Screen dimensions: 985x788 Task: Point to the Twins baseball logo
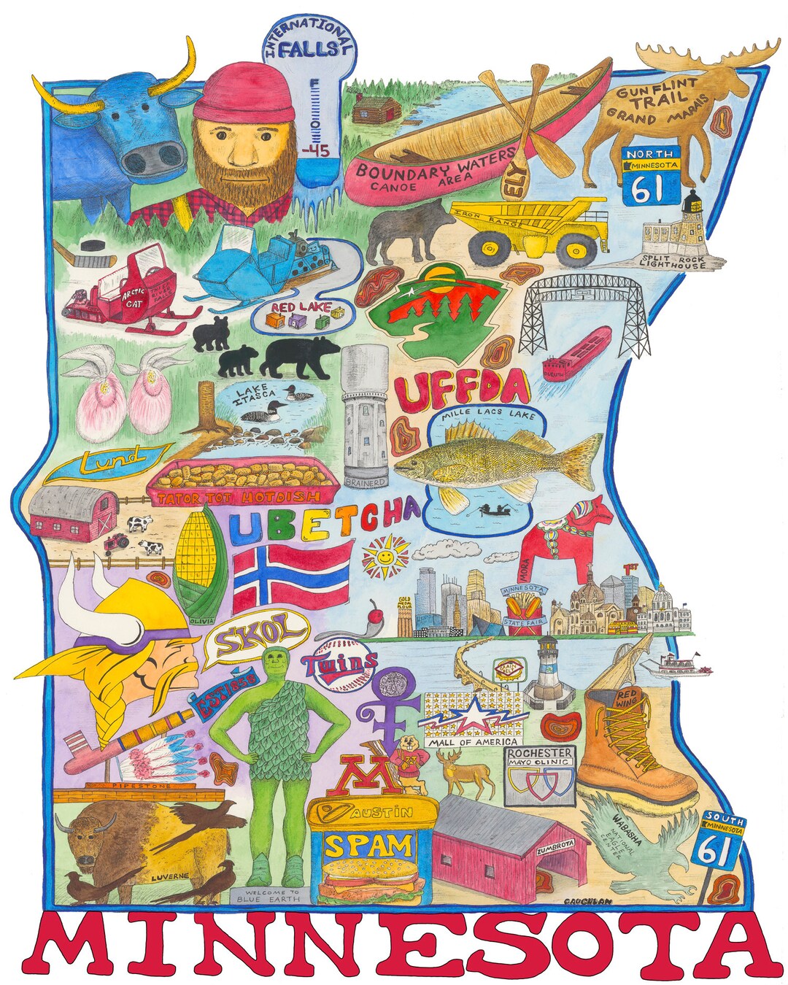click(x=340, y=664)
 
